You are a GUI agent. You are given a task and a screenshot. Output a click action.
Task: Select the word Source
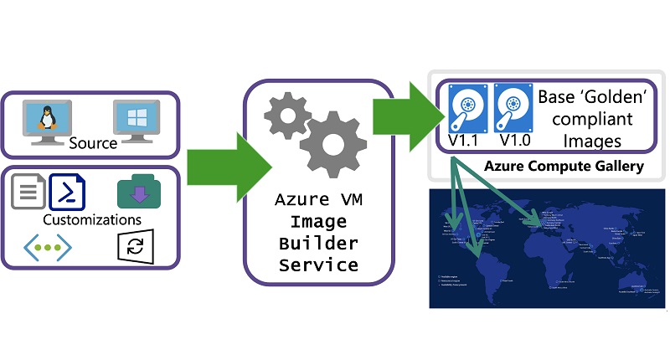(x=94, y=143)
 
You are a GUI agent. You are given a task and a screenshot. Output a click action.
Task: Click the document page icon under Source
(x=28, y=193)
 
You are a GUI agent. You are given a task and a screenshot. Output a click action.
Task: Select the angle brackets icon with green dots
(x=47, y=248)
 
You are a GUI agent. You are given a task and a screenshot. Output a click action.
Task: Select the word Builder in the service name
(x=317, y=244)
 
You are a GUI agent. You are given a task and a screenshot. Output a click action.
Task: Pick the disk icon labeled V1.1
(x=464, y=108)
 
